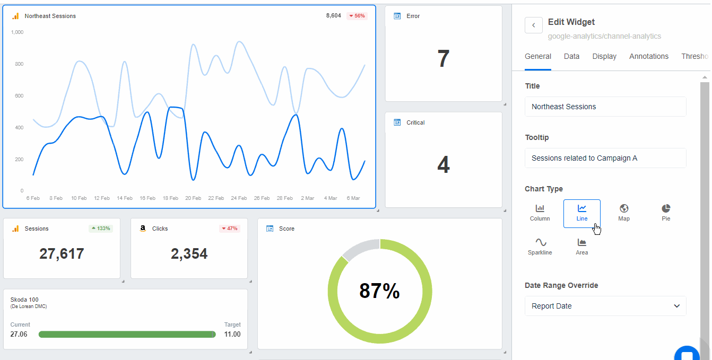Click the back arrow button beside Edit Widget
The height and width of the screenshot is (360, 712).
(x=533, y=25)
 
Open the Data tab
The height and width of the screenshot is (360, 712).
(x=571, y=56)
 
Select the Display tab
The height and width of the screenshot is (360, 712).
(x=604, y=56)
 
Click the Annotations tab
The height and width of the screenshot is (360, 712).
(x=648, y=56)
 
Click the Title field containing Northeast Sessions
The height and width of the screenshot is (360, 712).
(x=605, y=107)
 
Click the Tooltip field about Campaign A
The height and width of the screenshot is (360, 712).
(x=605, y=158)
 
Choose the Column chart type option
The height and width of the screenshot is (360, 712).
(x=540, y=213)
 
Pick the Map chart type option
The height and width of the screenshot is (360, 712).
(x=623, y=213)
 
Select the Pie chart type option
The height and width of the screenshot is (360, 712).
(x=666, y=213)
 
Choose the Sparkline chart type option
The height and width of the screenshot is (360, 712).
(x=540, y=247)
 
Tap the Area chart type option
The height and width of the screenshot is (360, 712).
(x=581, y=247)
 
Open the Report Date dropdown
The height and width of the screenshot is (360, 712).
(x=605, y=306)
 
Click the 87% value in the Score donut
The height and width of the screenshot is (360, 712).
(x=379, y=291)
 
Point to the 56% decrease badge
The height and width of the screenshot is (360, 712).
(x=357, y=16)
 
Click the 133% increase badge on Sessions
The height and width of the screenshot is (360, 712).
(x=100, y=229)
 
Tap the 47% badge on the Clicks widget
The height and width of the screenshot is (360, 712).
(x=229, y=229)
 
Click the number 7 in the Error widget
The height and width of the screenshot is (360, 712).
(x=443, y=58)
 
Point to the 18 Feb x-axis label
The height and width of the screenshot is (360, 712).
(x=170, y=198)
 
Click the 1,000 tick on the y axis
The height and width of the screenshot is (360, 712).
(x=17, y=32)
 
